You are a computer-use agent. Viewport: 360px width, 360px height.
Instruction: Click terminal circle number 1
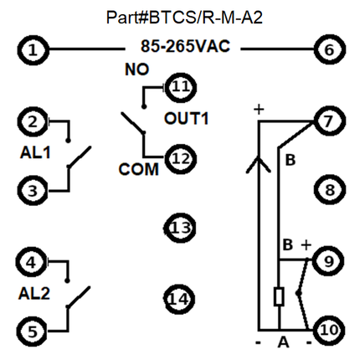tap(33, 50)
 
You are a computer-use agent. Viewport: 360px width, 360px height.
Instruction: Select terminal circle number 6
tap(330, 49)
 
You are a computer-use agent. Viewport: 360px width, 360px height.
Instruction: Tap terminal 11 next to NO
tap(181, 87)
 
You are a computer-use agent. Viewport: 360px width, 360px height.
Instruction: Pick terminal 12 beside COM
tap(181, 159)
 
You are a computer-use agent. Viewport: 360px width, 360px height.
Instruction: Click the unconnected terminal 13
tap(180, 228)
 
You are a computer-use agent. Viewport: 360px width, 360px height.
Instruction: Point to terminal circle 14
tap(179, 299)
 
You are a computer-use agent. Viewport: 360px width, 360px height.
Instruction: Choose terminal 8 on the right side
tap(330, 190)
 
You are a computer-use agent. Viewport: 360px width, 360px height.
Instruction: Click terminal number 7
tap(329, 121)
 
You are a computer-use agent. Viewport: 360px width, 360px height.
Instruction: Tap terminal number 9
tap(329, 261)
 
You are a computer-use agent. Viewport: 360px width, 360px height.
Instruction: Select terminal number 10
tap(329, 331)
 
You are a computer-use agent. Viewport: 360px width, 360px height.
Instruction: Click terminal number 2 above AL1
tap(33, 121)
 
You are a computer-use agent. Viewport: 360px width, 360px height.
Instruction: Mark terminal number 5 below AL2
tap(33, 332)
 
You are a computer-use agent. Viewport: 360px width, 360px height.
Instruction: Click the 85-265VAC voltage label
tap(185, 46)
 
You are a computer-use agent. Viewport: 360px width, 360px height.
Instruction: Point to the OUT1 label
tap(187, 118)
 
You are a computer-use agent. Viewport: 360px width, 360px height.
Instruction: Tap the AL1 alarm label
tap(35, 152)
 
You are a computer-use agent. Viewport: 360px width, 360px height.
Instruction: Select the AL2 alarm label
tap(34, 293)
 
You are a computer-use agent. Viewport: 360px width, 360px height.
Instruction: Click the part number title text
tap(184, 18)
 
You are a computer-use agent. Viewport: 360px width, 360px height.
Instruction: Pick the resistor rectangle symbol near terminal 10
tap(279, 296)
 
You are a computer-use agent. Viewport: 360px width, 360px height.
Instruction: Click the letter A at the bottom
tap(283, 342)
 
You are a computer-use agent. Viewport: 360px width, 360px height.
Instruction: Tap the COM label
tap(139, 169)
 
